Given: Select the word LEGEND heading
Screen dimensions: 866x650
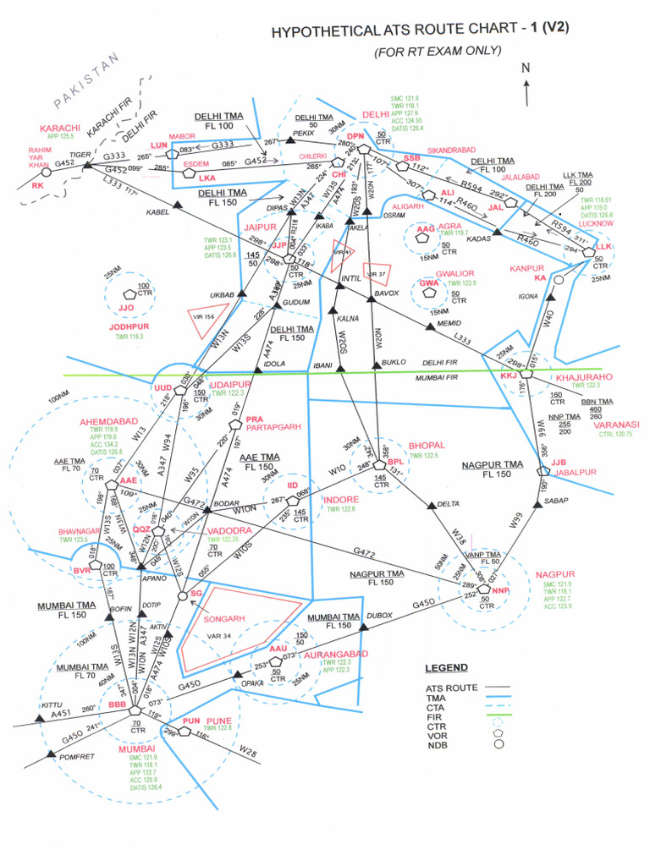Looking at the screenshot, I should tap(445, 668).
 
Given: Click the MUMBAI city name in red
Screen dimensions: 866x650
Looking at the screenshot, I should tap(137, 748).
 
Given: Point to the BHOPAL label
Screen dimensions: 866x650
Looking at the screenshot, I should tap(427, 445).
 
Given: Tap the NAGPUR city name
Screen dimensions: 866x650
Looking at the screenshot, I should tap(555, 574).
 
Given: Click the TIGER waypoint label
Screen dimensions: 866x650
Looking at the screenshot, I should tap(80, 155).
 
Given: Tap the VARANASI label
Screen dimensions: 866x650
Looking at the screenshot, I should tap(616, 425).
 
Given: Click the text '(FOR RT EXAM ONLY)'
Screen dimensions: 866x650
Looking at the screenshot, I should tap(438, 52).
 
